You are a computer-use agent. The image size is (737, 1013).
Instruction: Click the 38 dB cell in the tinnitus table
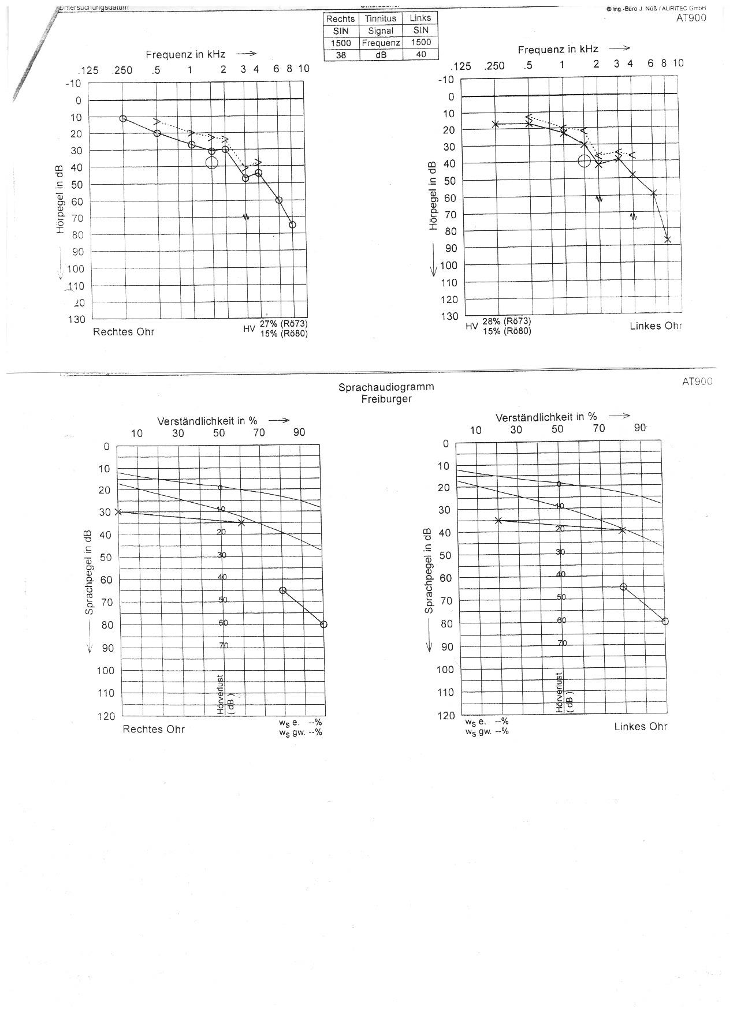[x=341, y=55]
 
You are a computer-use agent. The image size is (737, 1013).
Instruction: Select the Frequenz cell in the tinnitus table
[x=381, y=43]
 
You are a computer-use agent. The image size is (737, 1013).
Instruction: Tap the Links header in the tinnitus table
[x=420, y=18]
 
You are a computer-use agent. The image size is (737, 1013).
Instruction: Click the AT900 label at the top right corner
[x=691, y=17]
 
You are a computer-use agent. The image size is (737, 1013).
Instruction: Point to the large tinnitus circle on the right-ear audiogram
[x=211, y=162]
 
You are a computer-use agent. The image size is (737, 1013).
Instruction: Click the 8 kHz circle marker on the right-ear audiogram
[x=292, y=225]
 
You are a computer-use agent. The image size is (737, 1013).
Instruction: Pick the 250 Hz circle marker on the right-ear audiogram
[x=122, y=118]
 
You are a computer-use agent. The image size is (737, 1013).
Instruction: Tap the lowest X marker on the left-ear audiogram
[x=668, y=240]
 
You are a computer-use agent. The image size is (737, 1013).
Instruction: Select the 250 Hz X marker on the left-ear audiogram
[x=495, y=124]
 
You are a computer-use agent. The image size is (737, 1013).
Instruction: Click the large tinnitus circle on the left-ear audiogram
[x=584, y=161]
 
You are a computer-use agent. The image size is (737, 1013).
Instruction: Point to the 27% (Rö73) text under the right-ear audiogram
[x=283, y=324]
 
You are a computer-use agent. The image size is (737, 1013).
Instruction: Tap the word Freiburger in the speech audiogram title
[x=386, y=399]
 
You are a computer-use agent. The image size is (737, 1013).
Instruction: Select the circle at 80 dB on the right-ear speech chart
[x=323, y=624]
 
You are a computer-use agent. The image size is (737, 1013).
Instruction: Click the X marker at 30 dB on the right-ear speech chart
[x=118, y=511]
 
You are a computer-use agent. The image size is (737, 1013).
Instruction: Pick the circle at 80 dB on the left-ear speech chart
[x=665, y=621]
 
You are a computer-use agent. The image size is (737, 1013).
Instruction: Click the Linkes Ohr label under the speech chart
[x=640, y=727]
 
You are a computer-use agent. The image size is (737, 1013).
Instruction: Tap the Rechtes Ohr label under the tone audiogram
[x=124, y=332]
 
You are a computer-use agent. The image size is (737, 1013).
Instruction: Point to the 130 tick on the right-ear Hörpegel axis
[x=77, y=319]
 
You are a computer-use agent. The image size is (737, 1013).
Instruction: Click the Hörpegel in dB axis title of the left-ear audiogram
[x=433, y=196]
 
